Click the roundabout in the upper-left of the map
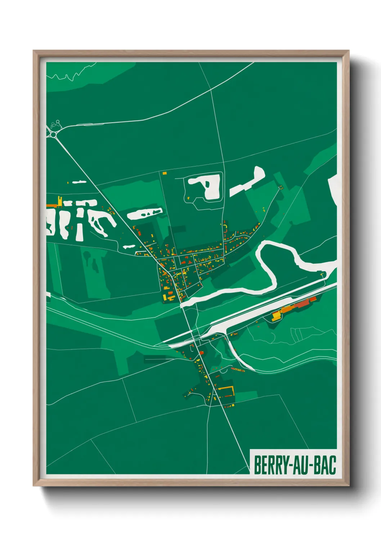tap(54, 134)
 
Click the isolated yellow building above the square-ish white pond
tap(165, 173)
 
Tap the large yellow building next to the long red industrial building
tap(277, 316)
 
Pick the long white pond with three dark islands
tap(144, 214)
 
